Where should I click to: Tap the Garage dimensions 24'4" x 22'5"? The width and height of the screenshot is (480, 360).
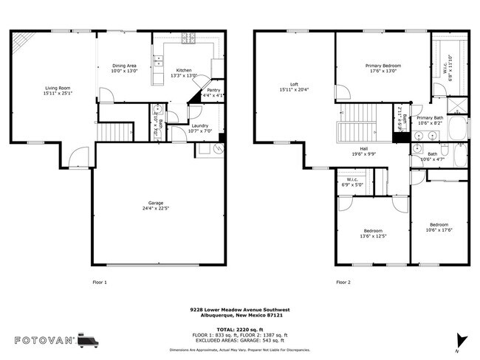point(155,207)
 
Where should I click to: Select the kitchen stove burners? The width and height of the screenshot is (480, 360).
point(191,38)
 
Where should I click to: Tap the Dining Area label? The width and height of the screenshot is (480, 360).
point(124,66)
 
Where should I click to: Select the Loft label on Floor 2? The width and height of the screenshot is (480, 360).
point(293,83)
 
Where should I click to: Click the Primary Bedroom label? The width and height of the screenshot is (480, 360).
point(381,66)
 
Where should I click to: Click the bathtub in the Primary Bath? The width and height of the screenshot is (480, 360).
point(457,128)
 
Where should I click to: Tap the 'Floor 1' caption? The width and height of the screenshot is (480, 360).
point(99,282)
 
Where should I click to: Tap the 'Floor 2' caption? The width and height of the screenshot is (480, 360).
point(343,282)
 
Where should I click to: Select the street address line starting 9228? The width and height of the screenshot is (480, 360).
point(239,311)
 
